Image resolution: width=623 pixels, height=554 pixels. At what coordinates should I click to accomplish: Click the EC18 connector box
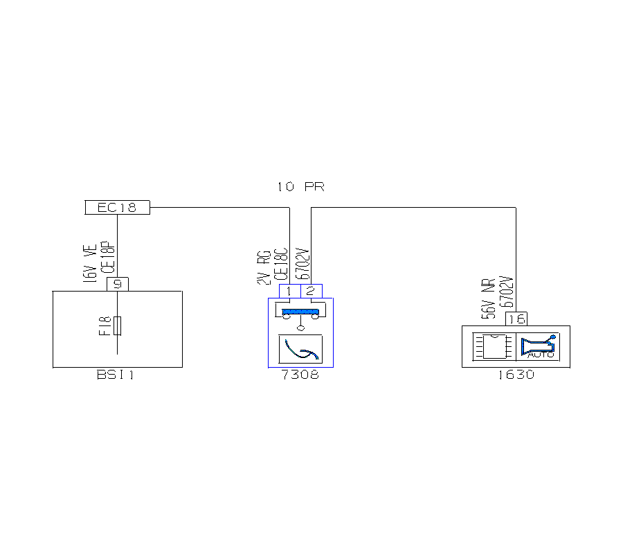click(117, 207)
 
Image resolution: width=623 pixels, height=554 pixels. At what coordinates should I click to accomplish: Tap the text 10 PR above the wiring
click(300, 187)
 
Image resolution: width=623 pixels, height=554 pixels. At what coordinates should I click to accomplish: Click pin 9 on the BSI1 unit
click(118, 284)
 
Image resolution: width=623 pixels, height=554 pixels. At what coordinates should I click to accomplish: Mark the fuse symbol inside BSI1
click(118, 325)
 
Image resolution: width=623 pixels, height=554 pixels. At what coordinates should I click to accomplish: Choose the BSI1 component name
click(115, 375)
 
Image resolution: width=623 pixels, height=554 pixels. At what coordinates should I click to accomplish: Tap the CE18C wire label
click(280, 264)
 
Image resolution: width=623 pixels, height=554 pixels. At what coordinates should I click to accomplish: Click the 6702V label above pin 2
click(302, 262)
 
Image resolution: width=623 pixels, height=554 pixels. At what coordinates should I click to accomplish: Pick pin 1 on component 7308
click(289, 291)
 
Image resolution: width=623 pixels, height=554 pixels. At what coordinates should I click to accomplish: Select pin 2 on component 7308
click(311, 291)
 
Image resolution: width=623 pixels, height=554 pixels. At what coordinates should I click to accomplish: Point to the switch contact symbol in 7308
click(300, 313)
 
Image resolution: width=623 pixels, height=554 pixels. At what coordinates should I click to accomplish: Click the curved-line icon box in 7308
click(300, 349)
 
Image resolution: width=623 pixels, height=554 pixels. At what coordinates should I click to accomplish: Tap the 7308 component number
click(300, 375)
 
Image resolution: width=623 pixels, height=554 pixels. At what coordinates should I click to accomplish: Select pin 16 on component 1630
click(516, 319)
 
